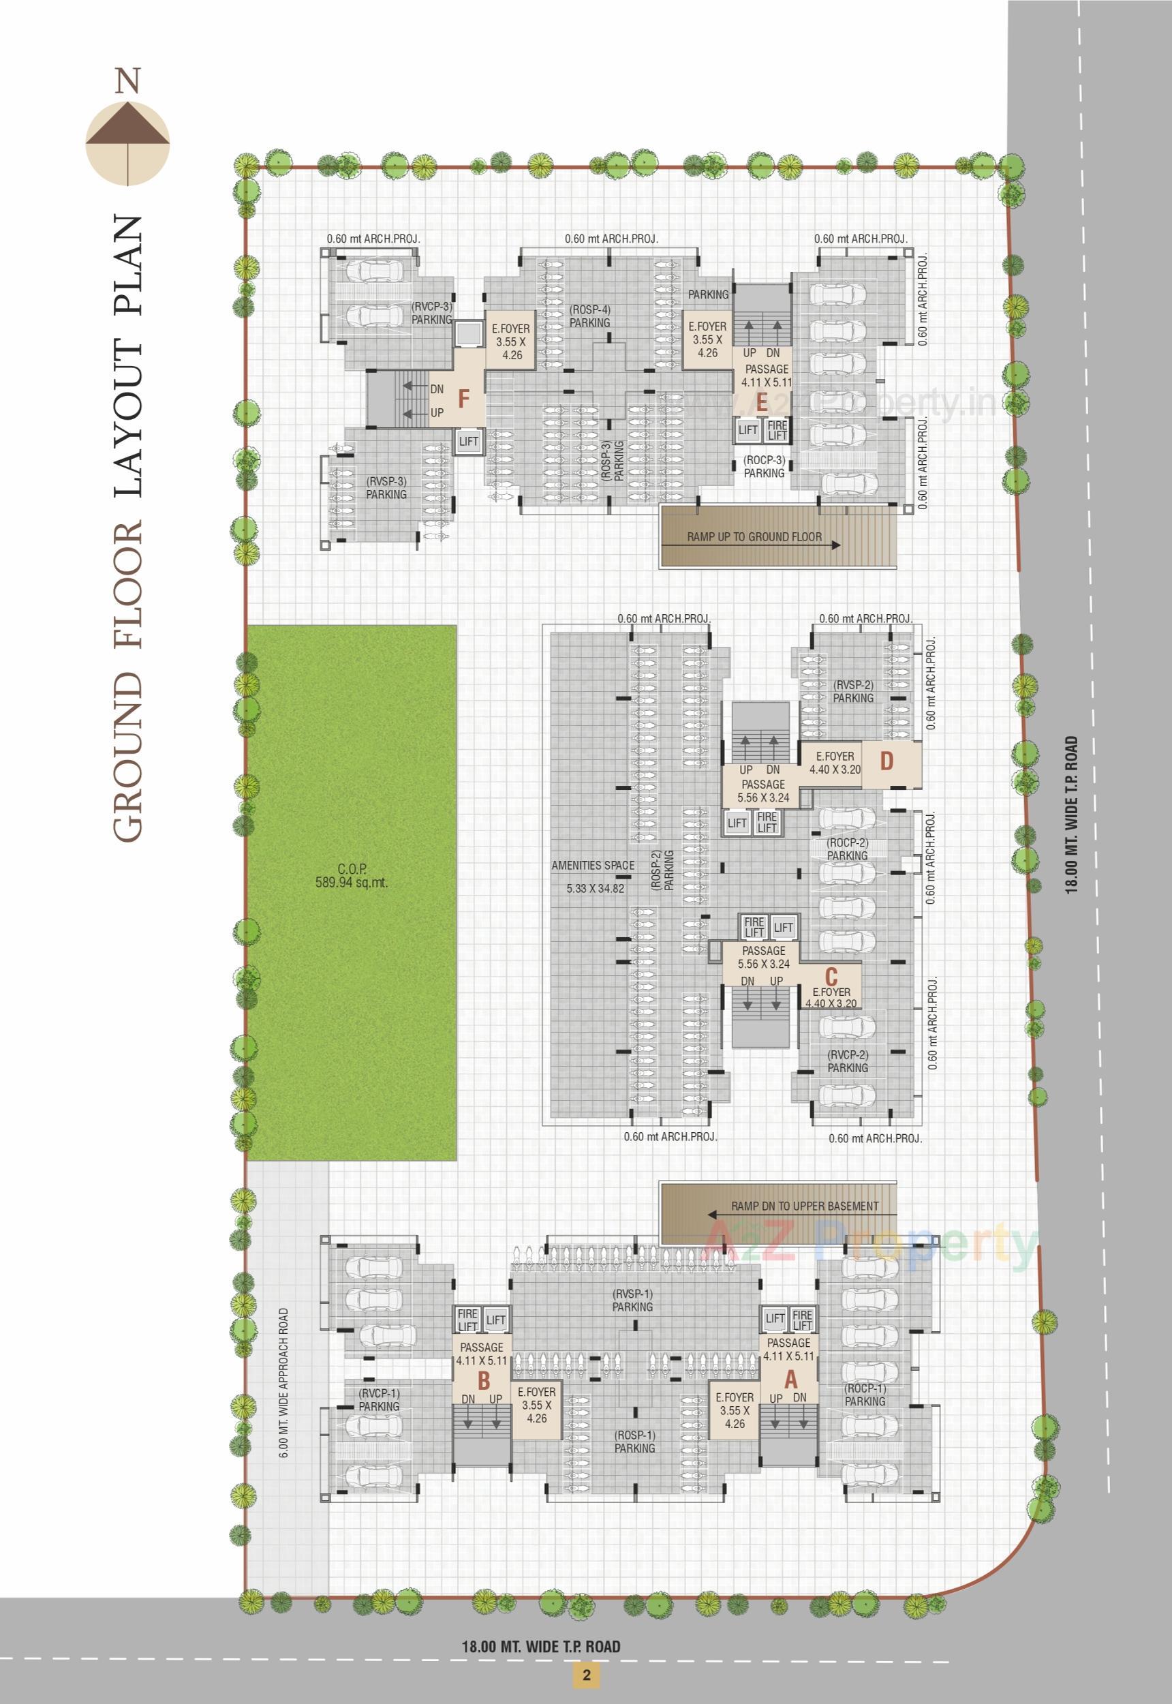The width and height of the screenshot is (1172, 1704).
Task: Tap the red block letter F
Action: coord(463,399)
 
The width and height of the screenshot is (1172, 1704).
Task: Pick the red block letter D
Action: coord(886,761)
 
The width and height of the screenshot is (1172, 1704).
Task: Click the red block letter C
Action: coord(831,977)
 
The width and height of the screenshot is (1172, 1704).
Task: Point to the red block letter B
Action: coord(483,1380)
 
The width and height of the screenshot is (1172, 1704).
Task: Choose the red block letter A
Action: coord(790,1380)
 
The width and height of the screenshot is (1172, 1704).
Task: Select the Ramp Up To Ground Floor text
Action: coord(754,537)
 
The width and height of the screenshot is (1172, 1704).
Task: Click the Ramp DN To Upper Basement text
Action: coord(804,1206)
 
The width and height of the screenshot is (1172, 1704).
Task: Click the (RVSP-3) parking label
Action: coord(386,488)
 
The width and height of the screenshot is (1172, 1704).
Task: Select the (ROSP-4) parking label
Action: coord(589,316)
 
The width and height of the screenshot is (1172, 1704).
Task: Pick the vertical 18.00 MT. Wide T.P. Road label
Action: coord(1073,814)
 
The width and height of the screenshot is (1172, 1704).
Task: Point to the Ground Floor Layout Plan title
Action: coord(129,529)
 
